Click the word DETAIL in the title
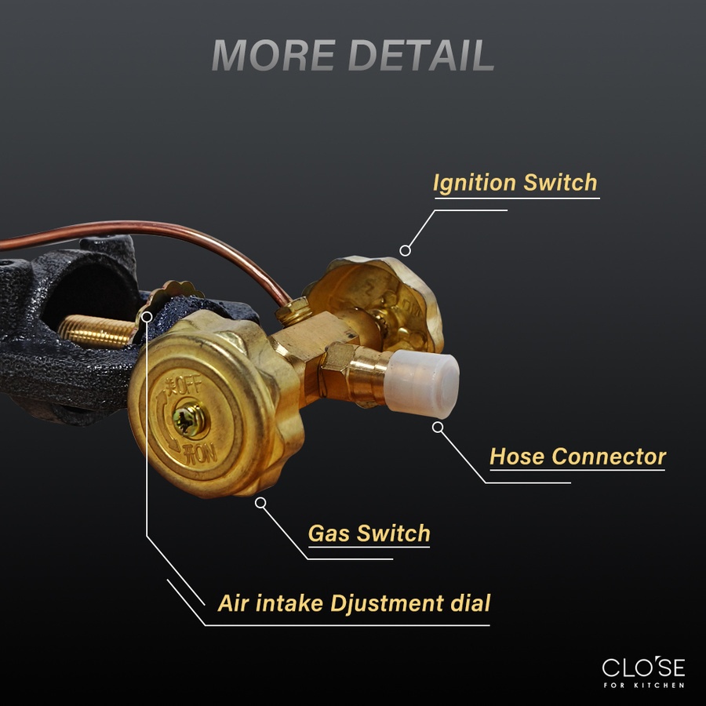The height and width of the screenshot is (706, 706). click(421, 55)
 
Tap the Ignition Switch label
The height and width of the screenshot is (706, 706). click(515, 183)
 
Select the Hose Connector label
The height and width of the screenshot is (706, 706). click(577, 457)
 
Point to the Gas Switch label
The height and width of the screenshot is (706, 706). click(369, 533)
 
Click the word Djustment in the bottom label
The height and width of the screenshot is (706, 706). click(387, 603)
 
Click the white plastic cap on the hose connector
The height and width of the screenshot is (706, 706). click(422, 384)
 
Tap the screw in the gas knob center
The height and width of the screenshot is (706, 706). click(190, 420)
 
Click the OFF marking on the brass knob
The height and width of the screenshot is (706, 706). click(184, 385)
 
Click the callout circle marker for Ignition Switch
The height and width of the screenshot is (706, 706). click(406, 251)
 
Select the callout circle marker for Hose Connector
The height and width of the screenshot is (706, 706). click(438, 428)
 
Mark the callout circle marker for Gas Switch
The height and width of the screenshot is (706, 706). click(260, 503)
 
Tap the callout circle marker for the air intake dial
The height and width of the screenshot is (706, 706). click(147, 317)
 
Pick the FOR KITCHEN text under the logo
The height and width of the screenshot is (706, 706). click(644, 686)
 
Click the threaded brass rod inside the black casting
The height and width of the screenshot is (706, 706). click(96, 332)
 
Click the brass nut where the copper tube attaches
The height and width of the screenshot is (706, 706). click(293, 311)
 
